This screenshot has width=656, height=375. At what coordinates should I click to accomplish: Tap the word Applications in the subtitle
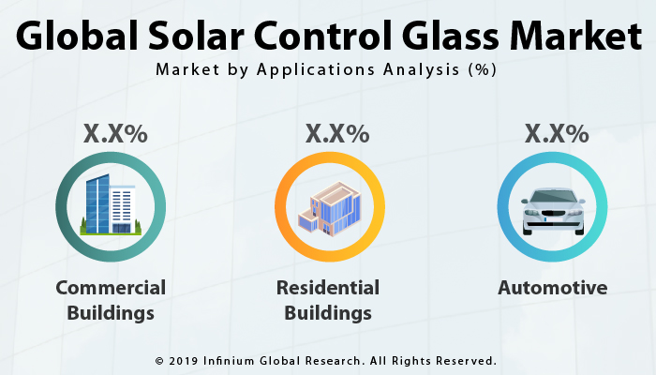click(330, 70)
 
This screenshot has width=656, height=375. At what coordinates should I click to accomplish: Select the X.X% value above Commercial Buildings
click(115, 134)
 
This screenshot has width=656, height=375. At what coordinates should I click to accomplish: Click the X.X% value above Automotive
click(557, 134)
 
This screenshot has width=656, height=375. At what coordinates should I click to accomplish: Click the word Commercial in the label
click(111, 288)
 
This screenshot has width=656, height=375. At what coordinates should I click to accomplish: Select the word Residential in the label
click(328, 288)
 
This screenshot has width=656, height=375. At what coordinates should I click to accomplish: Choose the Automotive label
click(552, 288)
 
